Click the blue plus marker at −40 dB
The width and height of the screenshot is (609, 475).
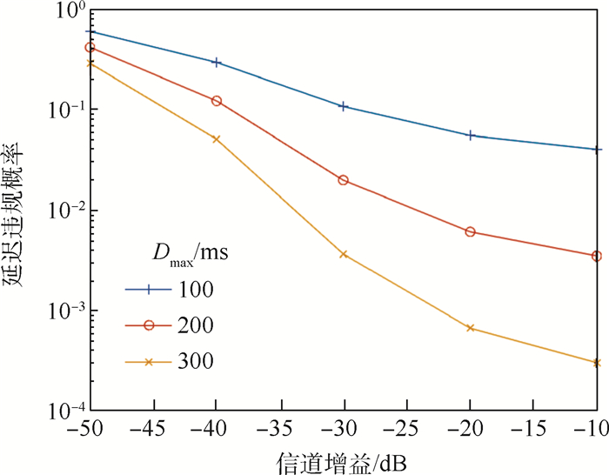(x=217, y=63)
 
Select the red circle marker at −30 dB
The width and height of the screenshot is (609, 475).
(x=343, y=180)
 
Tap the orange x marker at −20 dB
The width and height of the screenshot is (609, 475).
(x=470, y=328)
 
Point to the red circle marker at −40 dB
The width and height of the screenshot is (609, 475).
(x=217, y=101)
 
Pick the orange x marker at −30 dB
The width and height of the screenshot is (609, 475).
(x=343, y=254)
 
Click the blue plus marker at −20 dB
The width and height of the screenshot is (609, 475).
(x=470, y=136)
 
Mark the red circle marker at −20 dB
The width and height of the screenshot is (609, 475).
(x=470, y=231)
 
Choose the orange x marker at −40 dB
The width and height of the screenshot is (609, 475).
(x=217, y=139)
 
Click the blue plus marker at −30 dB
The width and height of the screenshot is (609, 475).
(x=343, y=106)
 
